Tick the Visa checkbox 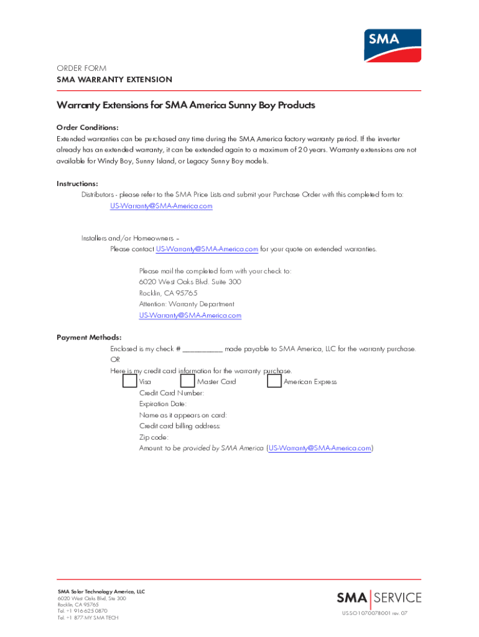click(130, 381)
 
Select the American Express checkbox click(274, 381)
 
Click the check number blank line click(203, 350)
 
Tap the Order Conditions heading click(88, 128)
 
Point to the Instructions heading click(78, 184)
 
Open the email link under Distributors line click(161, 206)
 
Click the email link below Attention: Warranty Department click(190, 315)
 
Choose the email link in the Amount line click(320, 448)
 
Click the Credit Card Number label click(171, 393)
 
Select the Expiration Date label click(162, 404)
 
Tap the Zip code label click(154, 437)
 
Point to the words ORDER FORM click(81, 68)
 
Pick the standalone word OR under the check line click(115, 360)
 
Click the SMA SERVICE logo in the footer click(379, 598)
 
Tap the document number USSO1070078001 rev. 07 click(374, 613)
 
